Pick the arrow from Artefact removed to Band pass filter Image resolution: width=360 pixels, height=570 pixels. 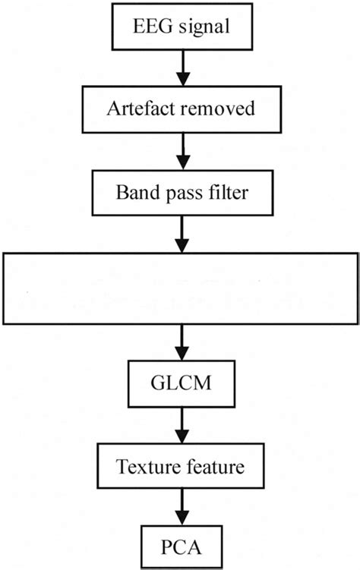tap(181, 148)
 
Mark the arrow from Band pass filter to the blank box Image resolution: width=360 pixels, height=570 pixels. tap(181, 231)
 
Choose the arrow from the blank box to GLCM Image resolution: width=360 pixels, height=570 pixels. tap(181, 345)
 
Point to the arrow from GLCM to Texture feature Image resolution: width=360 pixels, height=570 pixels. tap(181, 429)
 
